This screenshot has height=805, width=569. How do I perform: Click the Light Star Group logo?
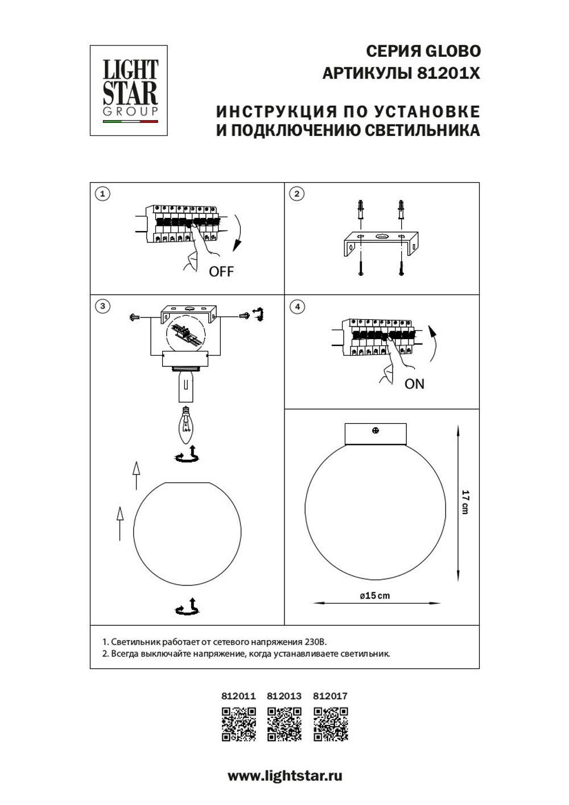coord(129,90)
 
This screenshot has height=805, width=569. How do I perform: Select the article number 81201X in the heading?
coord(449,73)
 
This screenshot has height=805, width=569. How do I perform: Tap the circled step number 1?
coord(102,194)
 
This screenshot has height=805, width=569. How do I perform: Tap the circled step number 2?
coord(296,194)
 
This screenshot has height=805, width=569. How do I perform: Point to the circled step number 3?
coord(102,306)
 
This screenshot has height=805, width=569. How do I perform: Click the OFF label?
coord(221,272)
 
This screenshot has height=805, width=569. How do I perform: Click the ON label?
coord(414,385)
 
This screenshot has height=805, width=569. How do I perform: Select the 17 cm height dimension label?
coord(465,502)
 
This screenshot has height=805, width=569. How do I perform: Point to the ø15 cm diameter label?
coord(375,596)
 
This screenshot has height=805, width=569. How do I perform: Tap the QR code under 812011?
coord(238,724)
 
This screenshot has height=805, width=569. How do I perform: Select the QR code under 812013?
coord(284,724)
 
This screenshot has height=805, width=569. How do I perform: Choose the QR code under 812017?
coord(331,724)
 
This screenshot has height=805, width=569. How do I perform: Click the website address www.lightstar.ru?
coord(284,775)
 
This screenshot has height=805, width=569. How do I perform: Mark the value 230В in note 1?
coord(316,642)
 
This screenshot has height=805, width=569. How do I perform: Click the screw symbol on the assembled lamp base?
coord(376,431)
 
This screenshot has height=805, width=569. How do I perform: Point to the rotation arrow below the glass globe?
coord(188,608)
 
